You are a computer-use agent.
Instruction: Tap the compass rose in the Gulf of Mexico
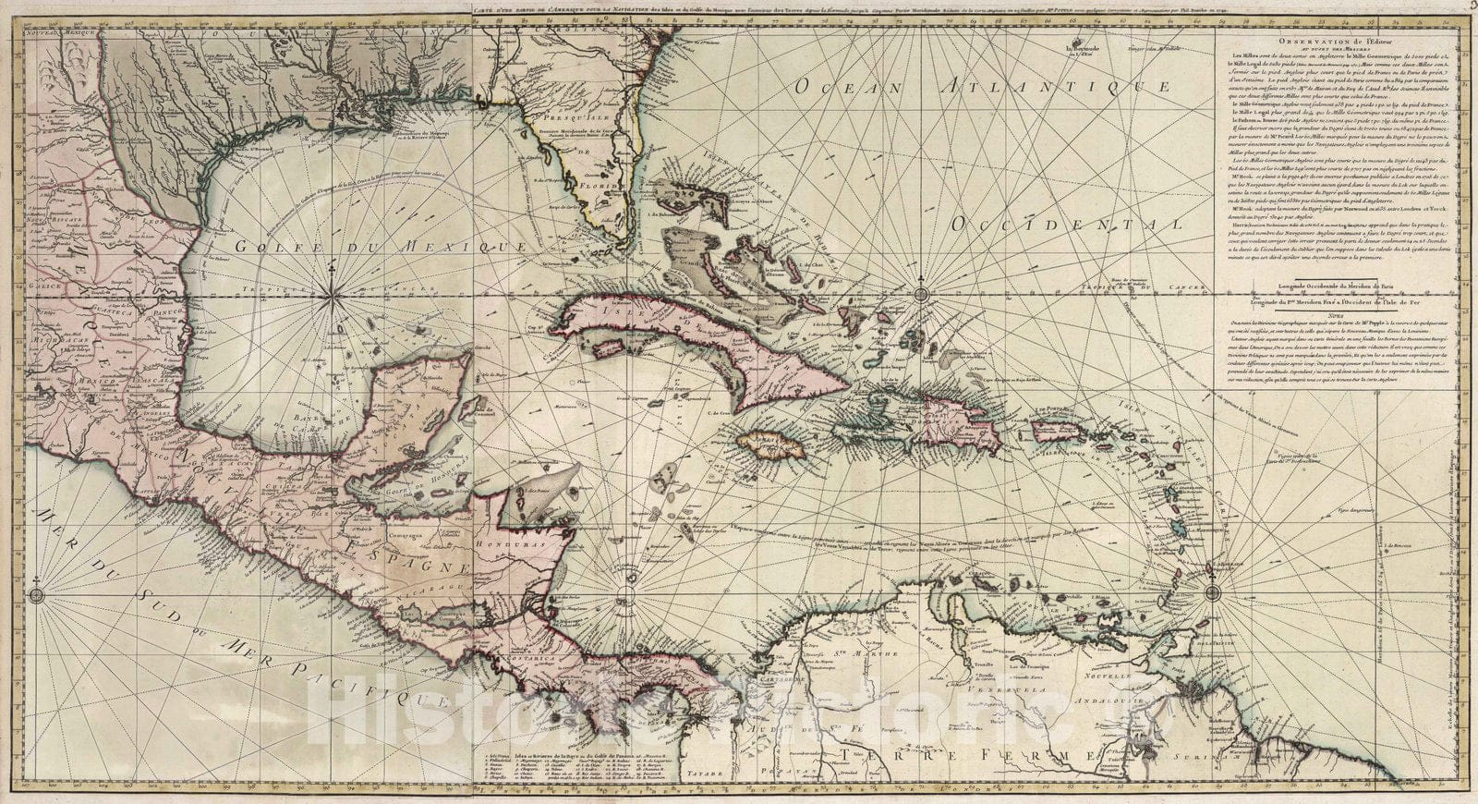[331, 295]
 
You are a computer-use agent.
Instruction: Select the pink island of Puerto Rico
[1061, 431]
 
